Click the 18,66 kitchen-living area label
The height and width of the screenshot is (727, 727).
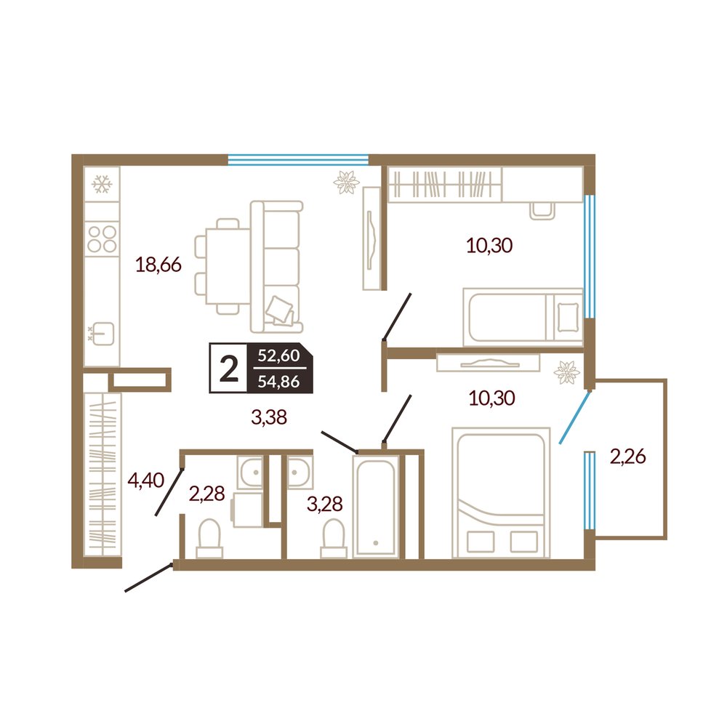point(158,265)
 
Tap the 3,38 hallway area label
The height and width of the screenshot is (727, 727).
point(269,417)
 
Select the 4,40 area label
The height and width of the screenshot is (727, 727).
point(146,481)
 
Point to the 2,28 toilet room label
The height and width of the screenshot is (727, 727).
point(206,494)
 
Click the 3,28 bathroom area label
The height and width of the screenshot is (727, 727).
point(324,504)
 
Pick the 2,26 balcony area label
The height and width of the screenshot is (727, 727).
point(628,457)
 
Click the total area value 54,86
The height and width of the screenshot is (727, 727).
point(278,382)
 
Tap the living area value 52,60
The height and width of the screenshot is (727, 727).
point(278,356)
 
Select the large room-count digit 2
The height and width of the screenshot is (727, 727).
point(228,369)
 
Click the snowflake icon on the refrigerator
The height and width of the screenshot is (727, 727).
point(102,184)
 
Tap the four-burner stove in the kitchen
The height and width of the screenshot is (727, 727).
point(102,238)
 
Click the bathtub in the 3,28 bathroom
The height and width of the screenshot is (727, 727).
point(376,506)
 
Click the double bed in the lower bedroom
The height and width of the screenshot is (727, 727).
point(501,493)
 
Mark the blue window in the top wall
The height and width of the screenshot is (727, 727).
point(298,160)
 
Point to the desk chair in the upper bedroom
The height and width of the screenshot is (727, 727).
point(542,211)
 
